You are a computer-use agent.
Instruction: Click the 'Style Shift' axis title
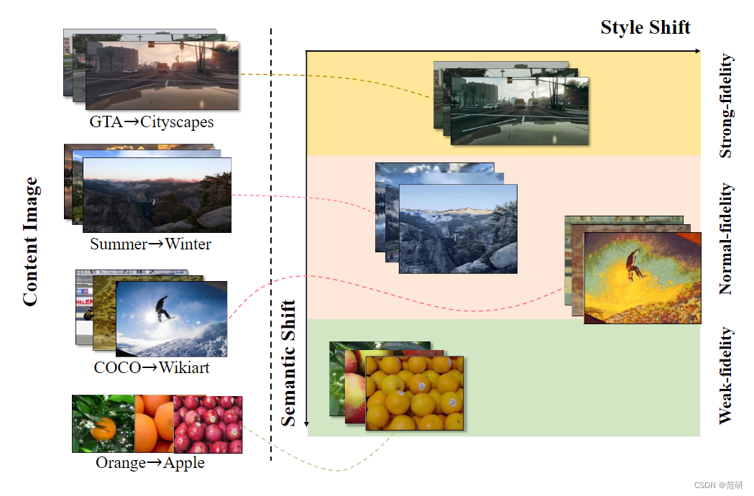(x=645, y=28)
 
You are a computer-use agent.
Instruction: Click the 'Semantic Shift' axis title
(x=288, y=362)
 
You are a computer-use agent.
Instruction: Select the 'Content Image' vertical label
(x=30, y=243)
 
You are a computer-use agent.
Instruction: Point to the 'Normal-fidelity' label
(x=726, y=239)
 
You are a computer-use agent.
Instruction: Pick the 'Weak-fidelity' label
(x=726, y=375)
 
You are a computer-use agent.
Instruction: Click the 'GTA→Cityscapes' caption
(x=151, y=122)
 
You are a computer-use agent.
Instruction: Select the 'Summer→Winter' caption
(x=150, y=244)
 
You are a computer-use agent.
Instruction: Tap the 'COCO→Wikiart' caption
(x=152, y=368)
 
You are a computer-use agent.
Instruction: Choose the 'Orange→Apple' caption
(x=150, y=463)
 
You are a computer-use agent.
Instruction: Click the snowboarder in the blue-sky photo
(x=163, y=308)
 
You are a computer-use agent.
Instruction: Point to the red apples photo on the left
(x=208, y=424)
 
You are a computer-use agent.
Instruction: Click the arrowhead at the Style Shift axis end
(x=696, y=51)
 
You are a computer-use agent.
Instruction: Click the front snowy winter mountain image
(x=458, y=229)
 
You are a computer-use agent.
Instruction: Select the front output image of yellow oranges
(x=415, y=392)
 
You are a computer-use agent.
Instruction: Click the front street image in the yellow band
(x=519, y=111)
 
